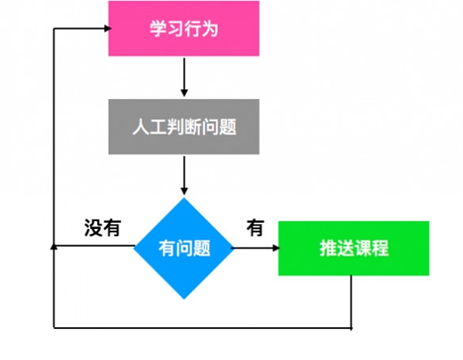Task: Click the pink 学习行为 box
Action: [183, 29]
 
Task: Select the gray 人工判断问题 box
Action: [183, 127]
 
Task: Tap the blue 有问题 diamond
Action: [183, 249]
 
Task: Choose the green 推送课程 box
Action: [353, 249]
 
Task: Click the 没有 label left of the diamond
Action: [102, 228]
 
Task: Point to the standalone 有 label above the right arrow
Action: [256, 228]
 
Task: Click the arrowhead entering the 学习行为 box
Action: [108, 29]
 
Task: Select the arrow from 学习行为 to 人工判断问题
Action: [184, 78]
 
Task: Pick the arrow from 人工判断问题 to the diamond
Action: [184, 176]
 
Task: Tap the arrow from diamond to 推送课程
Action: [256, 248]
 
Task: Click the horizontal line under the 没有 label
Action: [94, 246]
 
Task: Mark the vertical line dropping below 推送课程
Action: [351, 302]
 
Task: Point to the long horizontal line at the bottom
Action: [202, 328]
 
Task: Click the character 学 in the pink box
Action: [158, 29]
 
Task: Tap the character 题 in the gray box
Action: [228, 127]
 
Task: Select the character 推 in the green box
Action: [329, 248]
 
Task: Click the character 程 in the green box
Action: [380, 248]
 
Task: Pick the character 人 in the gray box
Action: [141, 127]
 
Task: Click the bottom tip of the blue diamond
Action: [184, 299]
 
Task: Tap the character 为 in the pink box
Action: [210, 29]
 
